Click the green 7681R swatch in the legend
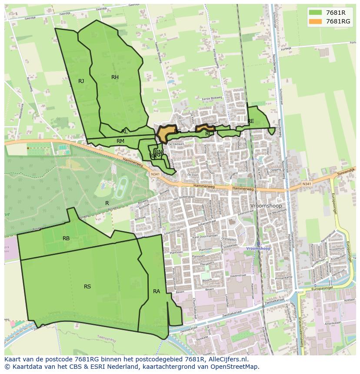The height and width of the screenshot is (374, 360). (316, 13)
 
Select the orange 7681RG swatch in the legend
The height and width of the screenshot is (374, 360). (316, 21)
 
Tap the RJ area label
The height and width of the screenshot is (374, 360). (81, 81)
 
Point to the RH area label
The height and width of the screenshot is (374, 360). (115, 77)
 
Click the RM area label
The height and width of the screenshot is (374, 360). (120, 141)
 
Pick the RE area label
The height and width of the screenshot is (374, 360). (251, 121)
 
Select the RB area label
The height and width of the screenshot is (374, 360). (66, 238)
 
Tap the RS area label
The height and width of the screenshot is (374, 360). (87, 287)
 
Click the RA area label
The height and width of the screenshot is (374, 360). (157, 291)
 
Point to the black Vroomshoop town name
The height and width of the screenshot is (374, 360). (266, 206)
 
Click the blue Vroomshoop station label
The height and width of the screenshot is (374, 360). (258, 248)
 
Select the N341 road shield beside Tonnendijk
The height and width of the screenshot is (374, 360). (307, 184)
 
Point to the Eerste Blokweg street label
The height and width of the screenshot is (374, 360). (212, 99)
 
